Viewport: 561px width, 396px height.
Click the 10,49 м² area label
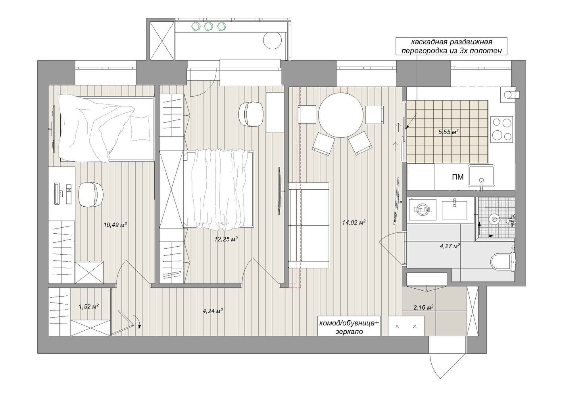[115, 225]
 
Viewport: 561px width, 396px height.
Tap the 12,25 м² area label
[226, 239]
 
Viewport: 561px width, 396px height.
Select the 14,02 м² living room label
[354, 222]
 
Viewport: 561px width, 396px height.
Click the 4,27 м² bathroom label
[450, 246]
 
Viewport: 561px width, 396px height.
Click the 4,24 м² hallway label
[213, 311]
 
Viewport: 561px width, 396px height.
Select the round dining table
[341, 117]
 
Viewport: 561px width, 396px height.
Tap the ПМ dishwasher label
[457, 177]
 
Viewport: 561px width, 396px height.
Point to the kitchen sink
[482, 175]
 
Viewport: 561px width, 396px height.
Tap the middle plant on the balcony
[207, 26]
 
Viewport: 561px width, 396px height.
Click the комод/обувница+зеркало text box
[350, 326]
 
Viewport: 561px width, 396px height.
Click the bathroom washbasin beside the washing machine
[454, 209]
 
